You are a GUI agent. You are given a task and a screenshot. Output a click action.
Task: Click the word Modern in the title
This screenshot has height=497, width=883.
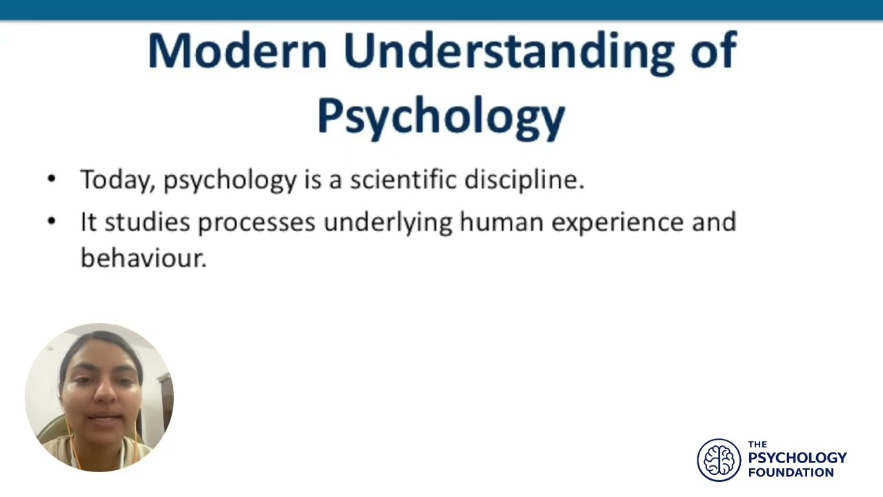(x=237, y=51)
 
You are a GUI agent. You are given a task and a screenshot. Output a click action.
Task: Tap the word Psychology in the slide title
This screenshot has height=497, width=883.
(x=441, y=116)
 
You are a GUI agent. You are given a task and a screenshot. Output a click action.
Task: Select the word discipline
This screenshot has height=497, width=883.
(x=524, y=180)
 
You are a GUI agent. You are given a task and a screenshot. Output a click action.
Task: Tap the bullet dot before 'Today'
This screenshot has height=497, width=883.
(x=52, y=179)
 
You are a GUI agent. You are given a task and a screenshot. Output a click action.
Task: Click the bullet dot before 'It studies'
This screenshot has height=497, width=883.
(x=52, y=222)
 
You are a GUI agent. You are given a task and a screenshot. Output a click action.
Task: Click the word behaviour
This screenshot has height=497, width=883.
(x=143, y=257)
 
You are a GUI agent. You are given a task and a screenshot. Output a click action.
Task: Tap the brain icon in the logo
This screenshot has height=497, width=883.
(x=719, y=460)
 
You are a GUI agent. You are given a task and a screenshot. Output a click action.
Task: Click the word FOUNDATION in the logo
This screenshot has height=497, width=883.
(x=791, y=473)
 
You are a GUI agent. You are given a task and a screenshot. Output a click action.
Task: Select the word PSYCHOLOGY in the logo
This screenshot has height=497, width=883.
(x=797, y=458)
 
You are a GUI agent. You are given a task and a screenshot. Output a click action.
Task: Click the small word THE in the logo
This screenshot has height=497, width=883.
(x=757, y=445)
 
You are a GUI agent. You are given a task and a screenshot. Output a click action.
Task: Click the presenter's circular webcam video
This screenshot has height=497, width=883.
(x=99, y=397)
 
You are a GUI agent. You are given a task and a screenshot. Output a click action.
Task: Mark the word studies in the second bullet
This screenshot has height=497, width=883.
(x=147, y=222)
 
